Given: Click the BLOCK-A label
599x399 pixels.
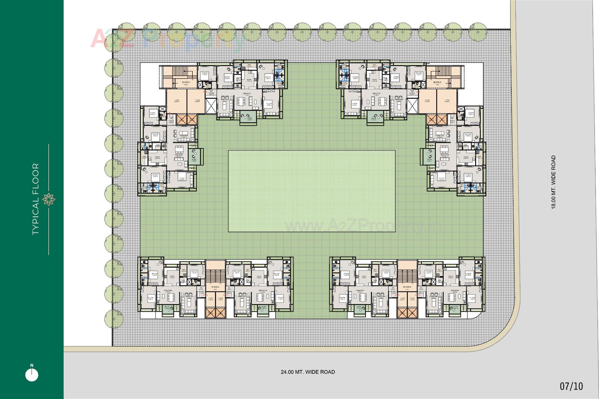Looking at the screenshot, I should click(215, 287).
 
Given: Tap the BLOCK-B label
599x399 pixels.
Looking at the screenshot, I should click(407, 287).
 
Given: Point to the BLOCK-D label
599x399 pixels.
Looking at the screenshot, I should click(186, 82).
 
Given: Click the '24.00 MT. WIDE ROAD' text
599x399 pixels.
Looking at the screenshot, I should click(308, 372).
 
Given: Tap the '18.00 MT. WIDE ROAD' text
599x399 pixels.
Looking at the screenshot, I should click(553, 182).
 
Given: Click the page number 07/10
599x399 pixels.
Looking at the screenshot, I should click(571, 386).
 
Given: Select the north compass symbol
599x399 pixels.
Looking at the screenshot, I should click(32, 374).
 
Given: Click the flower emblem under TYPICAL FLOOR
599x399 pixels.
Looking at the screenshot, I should click(49, 199).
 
